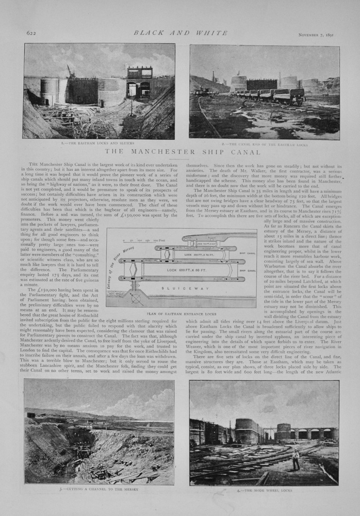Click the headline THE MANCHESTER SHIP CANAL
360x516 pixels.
(x=179, y=152)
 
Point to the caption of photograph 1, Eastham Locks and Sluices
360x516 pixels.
(x=100, y=143)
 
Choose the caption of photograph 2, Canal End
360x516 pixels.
(x=265, y=144)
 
